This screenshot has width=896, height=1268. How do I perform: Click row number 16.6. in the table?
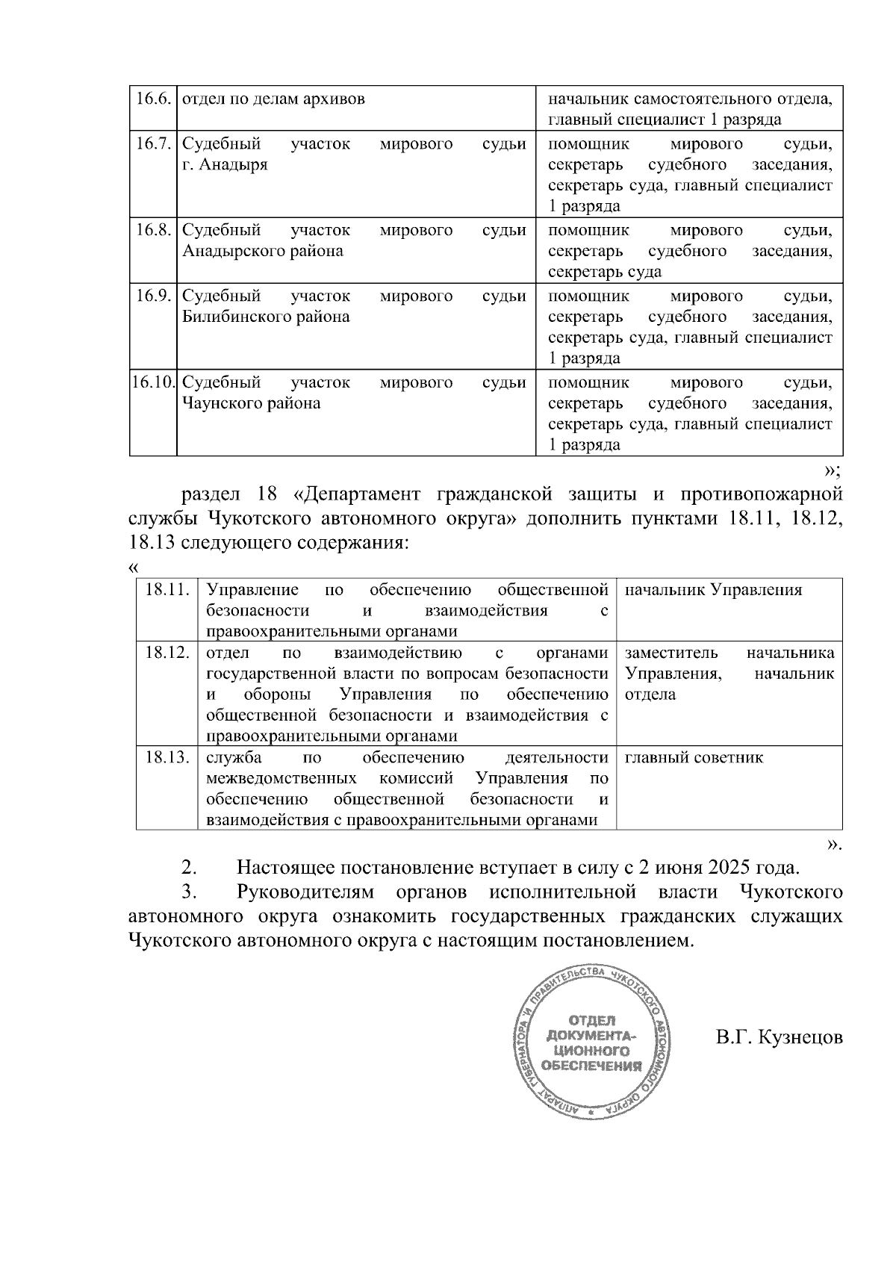(x=153, y=99)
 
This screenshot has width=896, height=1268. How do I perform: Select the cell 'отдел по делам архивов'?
(x=274, y=99)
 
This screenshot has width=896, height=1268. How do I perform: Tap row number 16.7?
(x=153, y=143)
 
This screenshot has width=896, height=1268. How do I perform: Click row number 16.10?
(x=153, y=382)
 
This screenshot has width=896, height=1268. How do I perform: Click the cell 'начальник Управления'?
(x=713, y=590)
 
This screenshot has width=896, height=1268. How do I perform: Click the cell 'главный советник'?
(x=694, y=757)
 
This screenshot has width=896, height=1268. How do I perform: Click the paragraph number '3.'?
(x=189, y=892)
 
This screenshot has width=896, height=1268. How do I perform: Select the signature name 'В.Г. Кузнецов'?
(x=779, y=1038)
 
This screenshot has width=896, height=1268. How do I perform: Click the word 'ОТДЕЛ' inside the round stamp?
(x=592, y=1020)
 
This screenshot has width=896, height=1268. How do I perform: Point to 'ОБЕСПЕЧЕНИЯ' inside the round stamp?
(x=592, y=1066)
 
